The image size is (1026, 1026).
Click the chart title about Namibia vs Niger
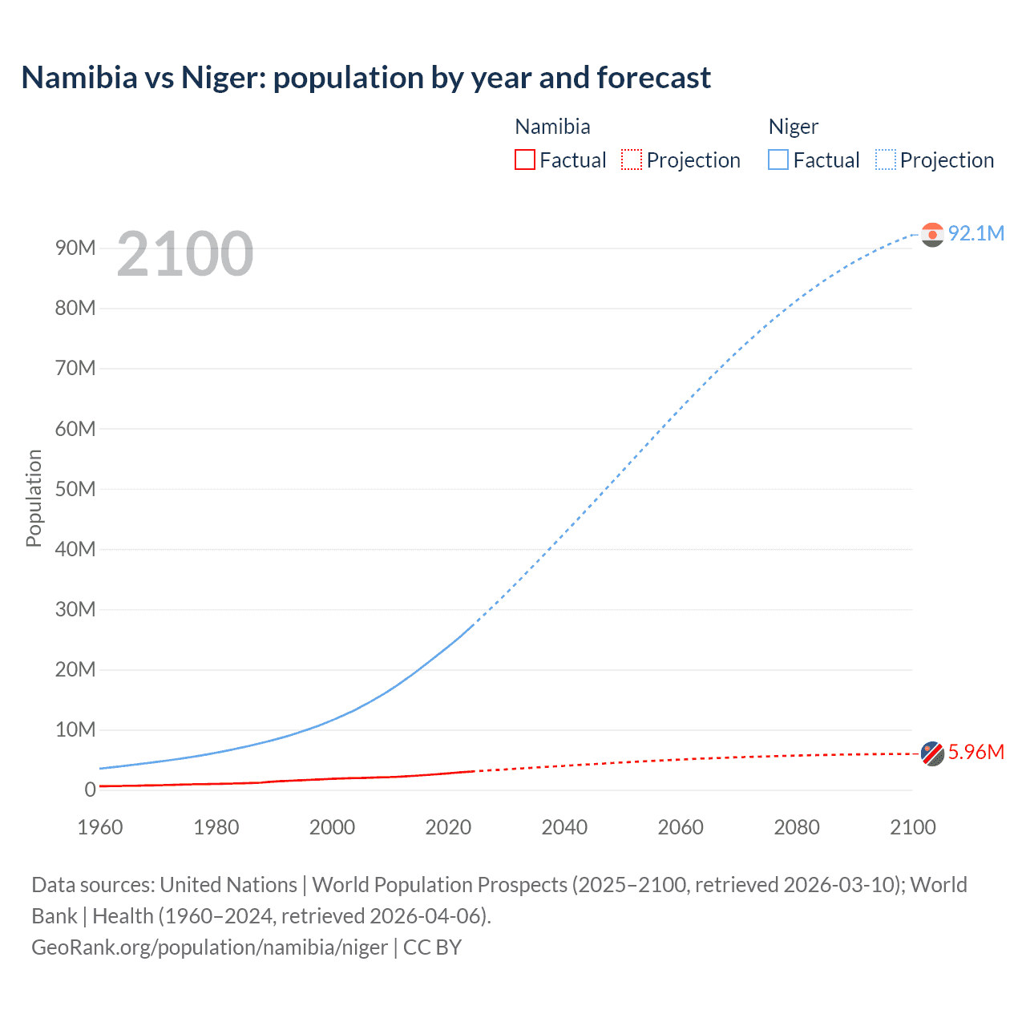366,78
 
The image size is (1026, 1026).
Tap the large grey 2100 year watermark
185,254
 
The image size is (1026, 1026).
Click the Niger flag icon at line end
932,234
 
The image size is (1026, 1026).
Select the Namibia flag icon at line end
932,753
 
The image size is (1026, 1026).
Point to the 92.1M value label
976,233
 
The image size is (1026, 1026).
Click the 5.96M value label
976,752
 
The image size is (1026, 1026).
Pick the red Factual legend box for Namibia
525,160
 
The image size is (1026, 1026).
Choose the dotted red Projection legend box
632,160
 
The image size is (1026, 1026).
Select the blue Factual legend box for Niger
778,160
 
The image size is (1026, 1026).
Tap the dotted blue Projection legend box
886,160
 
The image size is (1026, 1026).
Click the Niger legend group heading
793,127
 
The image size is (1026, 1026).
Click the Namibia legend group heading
552,127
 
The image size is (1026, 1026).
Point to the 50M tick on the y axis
75,489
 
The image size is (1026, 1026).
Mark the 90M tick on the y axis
75,248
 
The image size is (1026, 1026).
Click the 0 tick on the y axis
90,790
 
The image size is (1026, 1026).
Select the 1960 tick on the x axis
100,827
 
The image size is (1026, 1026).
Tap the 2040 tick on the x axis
564,827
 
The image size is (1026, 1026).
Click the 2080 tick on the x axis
797,827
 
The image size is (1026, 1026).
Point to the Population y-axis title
34,498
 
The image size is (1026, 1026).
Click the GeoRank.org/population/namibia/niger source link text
210,947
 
